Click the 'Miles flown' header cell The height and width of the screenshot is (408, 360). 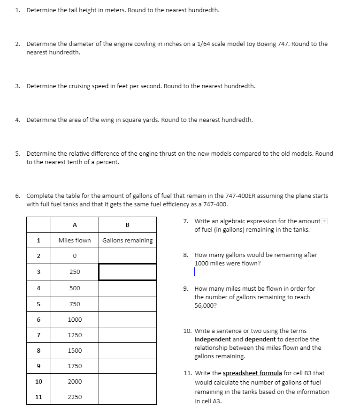coord(75,240)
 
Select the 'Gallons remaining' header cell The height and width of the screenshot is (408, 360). coord(127,240)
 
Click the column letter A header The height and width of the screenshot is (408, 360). coord(75,224)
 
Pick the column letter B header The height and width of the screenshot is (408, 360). coord(127,224)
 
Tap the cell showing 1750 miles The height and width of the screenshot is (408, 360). coord(75,366)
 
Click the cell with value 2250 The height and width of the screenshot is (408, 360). coord(75,397)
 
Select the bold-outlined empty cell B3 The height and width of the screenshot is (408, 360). coord(127,272)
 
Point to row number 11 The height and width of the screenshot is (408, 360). coord(38,397)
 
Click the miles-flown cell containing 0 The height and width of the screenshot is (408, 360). coord(75,256)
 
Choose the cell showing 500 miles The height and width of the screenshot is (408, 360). coord(75,288)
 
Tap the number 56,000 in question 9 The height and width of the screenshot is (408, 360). coord(204,305)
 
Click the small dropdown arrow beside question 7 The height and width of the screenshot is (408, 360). coord(324,221)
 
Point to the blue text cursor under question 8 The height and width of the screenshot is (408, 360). coord(194,272)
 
